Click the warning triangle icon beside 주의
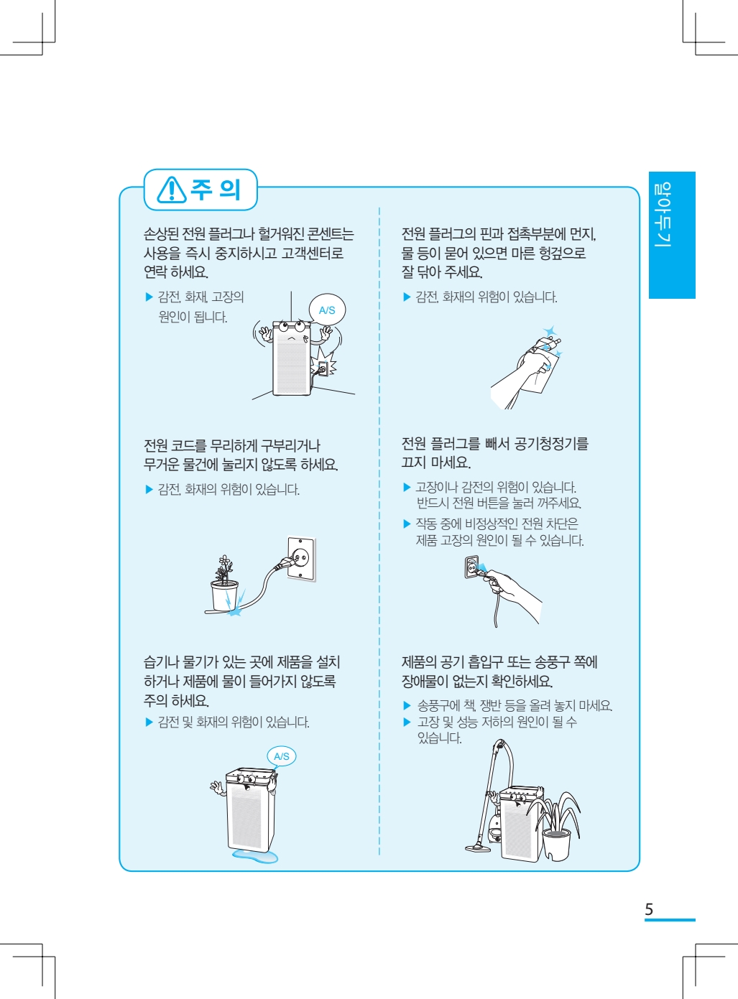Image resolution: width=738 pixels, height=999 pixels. (171, 190)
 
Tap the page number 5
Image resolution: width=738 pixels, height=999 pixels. (649, 909)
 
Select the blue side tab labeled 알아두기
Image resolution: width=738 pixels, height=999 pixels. (672, 235)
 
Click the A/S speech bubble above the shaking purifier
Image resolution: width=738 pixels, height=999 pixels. (327, 310)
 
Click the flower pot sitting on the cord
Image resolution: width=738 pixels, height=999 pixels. (224, 595)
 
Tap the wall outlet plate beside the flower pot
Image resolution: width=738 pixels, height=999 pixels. (301, 558)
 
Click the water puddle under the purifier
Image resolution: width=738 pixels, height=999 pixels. (254, 856)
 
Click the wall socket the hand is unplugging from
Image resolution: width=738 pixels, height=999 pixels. (471, 567)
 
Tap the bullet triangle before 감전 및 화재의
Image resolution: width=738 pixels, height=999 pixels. (149, 722)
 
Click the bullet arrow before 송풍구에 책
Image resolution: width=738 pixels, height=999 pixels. (407, 705)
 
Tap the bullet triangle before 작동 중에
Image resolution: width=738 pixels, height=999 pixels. (407, 524)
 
